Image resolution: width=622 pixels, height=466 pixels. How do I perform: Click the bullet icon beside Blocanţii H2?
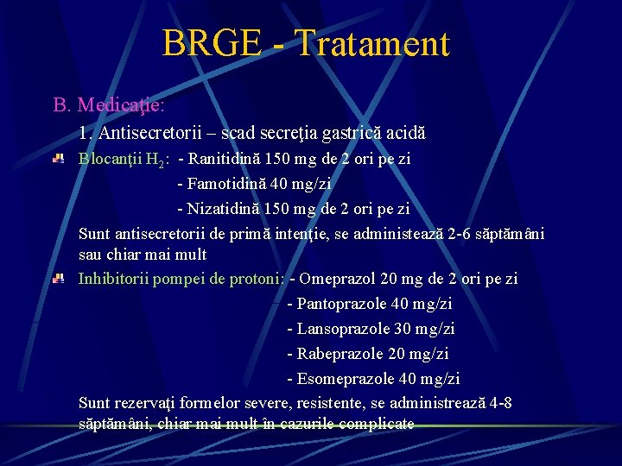59,159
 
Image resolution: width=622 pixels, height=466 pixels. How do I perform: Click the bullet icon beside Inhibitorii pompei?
59,279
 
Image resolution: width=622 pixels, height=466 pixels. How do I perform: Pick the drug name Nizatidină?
225,209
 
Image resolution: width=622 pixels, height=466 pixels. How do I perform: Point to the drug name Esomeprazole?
346,379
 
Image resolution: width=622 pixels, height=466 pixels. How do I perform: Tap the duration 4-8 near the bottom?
499,403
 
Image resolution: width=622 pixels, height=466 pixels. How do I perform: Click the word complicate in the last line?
379,424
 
